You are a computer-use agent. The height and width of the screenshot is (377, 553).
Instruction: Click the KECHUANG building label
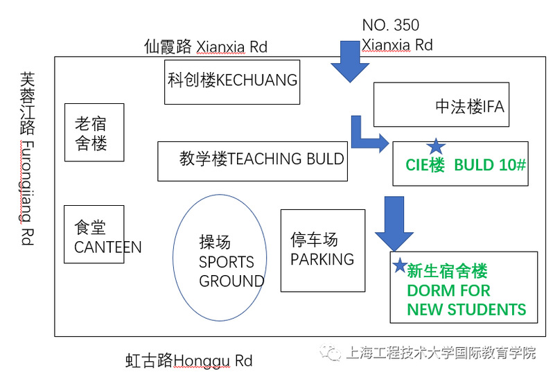pos(232,80)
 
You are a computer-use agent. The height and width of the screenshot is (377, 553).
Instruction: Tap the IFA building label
pos(469,107)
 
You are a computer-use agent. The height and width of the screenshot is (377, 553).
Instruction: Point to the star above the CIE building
pos(435,146)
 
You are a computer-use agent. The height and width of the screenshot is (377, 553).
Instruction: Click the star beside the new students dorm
pos(399,265)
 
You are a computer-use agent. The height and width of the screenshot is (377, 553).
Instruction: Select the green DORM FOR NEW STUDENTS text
pos(466,290)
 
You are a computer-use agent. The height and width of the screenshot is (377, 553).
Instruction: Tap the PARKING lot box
pos(322,250)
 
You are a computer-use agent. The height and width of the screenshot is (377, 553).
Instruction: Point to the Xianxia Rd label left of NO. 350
pos(205,46)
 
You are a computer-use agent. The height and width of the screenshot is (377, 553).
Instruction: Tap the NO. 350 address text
pos(390,26)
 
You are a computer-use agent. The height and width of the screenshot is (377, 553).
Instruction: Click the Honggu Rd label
pos(188,360)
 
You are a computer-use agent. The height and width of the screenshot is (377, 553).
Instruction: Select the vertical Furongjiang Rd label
pos(26,159)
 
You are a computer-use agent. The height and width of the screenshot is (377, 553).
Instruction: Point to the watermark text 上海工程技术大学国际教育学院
pos(440,353)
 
